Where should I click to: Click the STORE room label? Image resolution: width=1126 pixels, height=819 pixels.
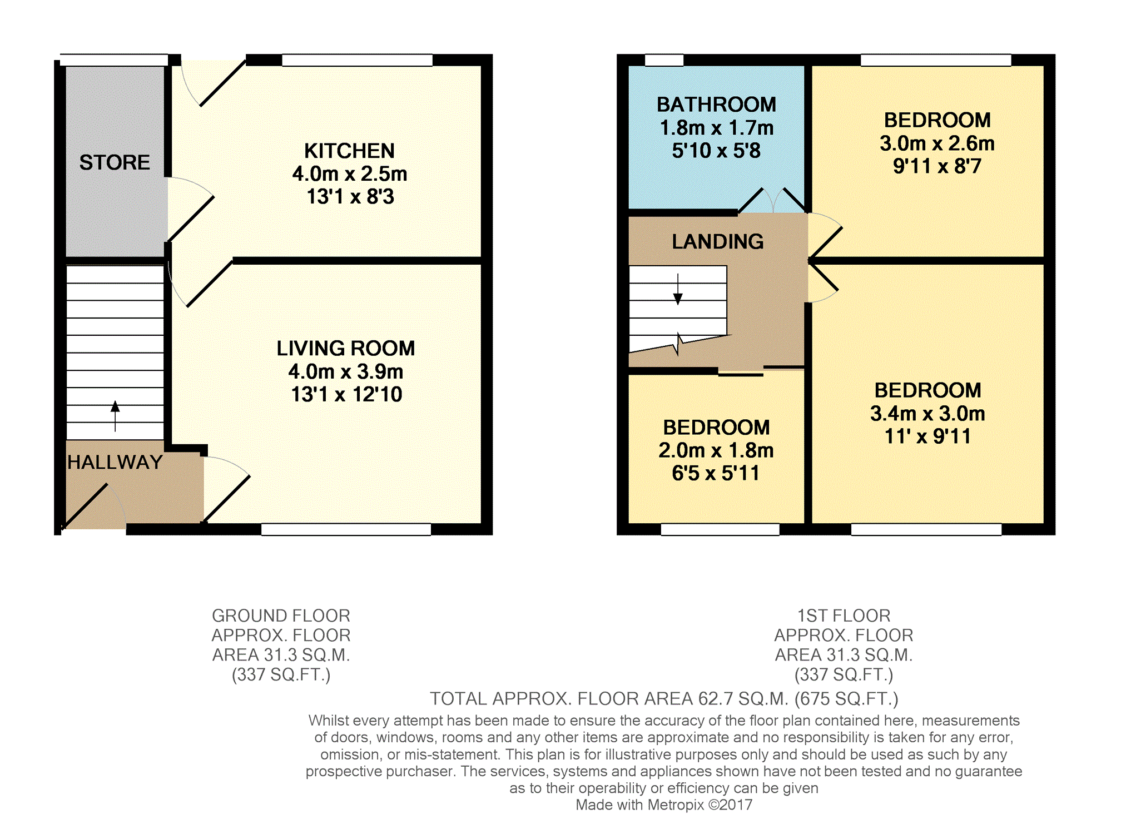click(x=115, y=162)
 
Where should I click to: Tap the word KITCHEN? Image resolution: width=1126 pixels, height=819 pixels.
click(x=349, y=151)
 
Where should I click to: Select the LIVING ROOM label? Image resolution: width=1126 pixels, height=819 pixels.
click(x=346, y=349)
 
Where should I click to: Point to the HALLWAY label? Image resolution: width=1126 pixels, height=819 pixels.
click(x=115, y=462)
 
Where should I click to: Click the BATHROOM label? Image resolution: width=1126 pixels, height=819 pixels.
click(x=716, y=105)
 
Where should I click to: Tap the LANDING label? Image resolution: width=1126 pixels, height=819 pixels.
click(x=717, y=241)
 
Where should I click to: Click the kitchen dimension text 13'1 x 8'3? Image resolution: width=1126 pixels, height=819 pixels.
click(x=350, y=197)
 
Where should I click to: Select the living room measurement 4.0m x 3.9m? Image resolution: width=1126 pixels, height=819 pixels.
click(x=346, y=371)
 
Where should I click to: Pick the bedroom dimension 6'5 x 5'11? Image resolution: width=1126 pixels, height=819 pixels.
click(x=716, y=473)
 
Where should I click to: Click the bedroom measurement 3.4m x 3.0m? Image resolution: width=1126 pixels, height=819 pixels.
click(x=927, y=414)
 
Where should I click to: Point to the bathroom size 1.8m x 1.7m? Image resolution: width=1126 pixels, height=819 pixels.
click(x=716, y=128)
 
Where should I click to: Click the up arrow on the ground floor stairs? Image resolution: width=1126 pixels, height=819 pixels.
click(x=115, y=416)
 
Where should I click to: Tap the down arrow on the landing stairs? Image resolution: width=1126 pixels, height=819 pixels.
click(x=678, y=289)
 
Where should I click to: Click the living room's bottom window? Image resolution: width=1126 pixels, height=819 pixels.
click(x=346, y=529)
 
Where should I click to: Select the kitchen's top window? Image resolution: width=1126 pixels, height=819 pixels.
click(x=357, y=60)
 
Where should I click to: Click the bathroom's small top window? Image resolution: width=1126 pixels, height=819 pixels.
click(x=664, y=60)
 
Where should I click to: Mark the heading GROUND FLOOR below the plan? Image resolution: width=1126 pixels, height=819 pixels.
click(x=281, y=616)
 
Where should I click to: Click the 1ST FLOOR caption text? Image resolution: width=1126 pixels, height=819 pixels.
click(x=844, y=616)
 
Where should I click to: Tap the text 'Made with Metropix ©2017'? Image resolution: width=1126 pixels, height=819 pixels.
click(x=664, y=805)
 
